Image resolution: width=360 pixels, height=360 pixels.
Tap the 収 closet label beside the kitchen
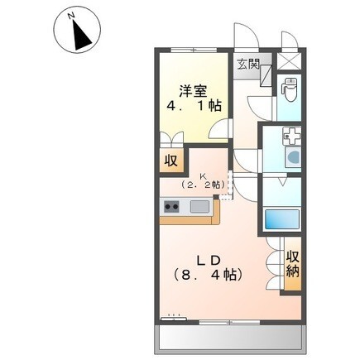[x=170, y=160]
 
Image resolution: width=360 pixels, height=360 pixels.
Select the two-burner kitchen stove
[x=173, y=207]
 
